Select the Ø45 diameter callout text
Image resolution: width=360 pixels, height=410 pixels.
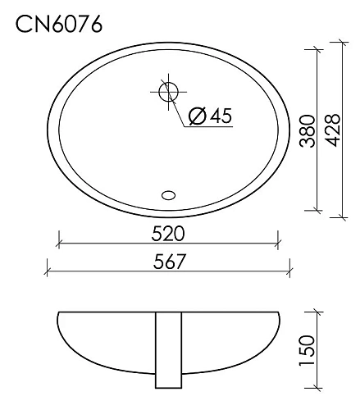click(x=210, y=116)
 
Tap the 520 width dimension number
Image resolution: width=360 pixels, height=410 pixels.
click(x=168, y=234)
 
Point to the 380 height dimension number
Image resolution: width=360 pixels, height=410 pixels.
click(x=308, y=130)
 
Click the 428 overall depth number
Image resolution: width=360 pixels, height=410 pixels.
click(x=332, y=130)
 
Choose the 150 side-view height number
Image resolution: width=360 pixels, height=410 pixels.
click(x=308, y=351)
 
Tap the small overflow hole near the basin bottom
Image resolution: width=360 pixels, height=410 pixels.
click(x=169, y=195)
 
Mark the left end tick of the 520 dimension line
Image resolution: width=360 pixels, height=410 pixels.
click(x=58, y=244)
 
